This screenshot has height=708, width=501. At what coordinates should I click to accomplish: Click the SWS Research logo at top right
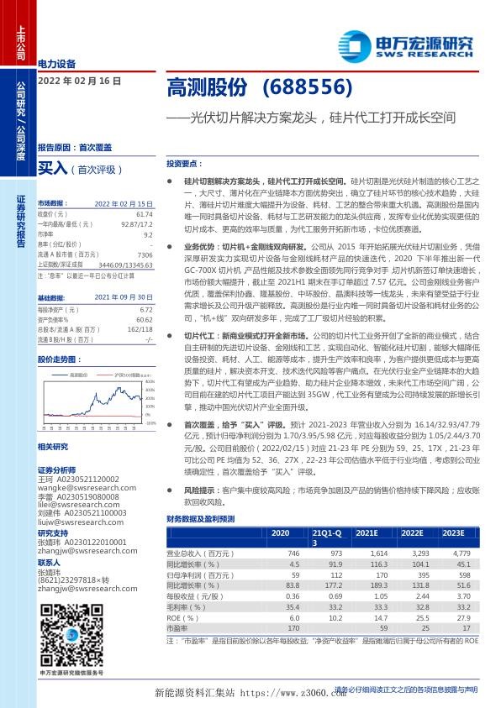(x=404, y=43)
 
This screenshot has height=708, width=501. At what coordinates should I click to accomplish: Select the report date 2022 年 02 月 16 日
(x=80, y=81)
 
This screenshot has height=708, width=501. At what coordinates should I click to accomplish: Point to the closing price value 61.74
(x=145, y=215)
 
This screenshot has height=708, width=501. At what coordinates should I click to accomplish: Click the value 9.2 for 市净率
(x=147, y=235)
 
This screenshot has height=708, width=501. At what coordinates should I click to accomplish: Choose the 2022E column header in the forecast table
(x=411, y=532)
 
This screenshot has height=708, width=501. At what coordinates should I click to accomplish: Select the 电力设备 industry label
(x=57, y=64)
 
